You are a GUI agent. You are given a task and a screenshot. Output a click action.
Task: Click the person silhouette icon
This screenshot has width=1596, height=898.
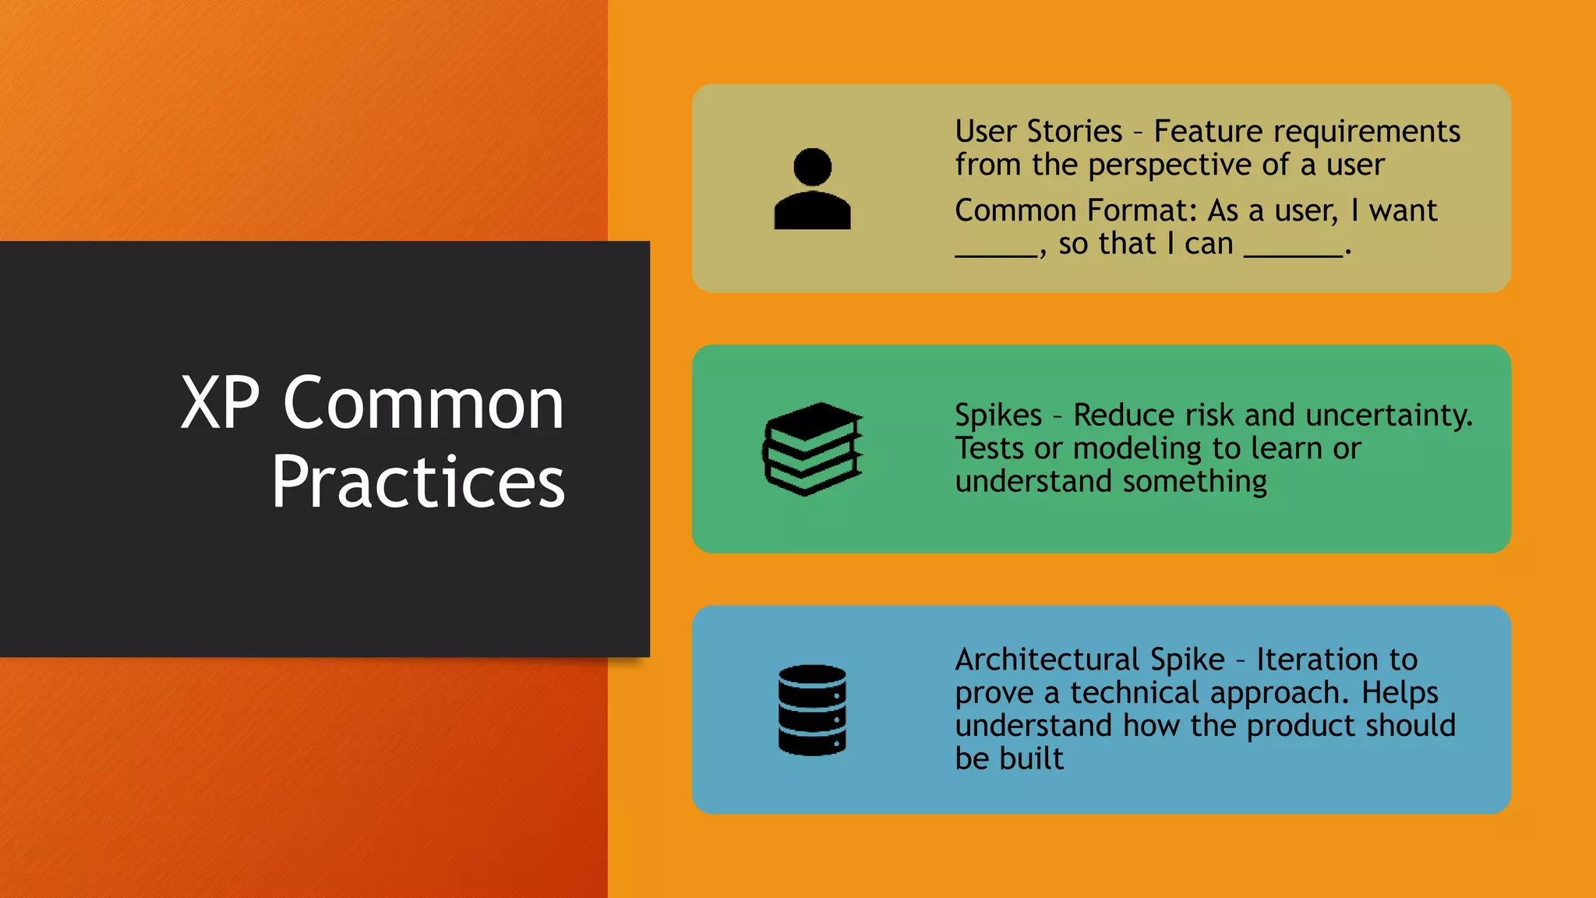[812, 189]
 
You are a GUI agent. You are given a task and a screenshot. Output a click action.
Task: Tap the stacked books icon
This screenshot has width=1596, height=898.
[812, 449]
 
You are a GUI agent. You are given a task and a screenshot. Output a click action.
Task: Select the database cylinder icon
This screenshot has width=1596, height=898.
[812, 710]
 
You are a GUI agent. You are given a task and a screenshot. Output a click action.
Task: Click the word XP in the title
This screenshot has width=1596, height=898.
[220, 403]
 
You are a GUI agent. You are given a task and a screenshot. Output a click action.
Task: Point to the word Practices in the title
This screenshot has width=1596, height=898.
[418, 483]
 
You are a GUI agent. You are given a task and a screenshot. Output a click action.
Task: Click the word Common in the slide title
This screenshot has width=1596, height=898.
[423, 403]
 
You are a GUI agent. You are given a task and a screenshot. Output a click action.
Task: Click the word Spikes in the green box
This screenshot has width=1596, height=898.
[997, 415]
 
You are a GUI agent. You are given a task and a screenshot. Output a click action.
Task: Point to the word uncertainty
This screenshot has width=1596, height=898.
[1388, 415]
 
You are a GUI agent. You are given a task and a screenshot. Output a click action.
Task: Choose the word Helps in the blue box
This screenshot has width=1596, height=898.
[1400, 693]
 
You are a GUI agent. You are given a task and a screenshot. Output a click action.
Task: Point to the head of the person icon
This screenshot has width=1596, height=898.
[812, 167]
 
